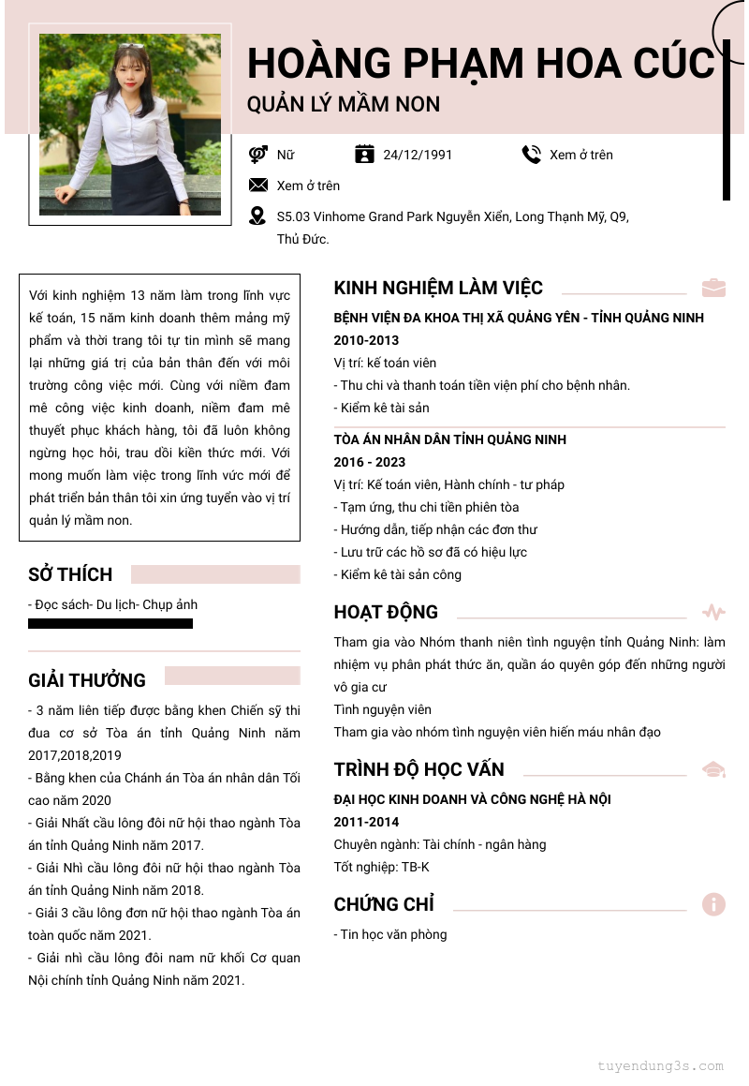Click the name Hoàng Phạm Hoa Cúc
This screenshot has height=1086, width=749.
pyautogui.click(x=480, y=63)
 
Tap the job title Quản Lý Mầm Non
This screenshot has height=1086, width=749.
pyautogui.click(x=344, y=104)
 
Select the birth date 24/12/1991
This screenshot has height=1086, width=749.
pyautogui.click(x=418, y=155)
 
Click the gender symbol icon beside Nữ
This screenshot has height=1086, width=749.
pyautogui.click(x=257, y=155)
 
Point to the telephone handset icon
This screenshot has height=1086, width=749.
pyautogui.click(x=531, y=155)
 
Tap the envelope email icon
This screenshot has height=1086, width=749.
pyautogui.click(x=257, y=186)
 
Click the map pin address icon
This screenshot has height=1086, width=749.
pyautogui.click(x=257, y=216)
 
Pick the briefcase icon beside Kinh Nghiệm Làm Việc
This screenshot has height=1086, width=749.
pyautogui.click(x=713, y=288)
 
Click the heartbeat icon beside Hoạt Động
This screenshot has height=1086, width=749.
pyautogui.click(x=713, y=613)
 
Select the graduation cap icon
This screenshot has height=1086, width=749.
pyautogui.click(x=713, y=769)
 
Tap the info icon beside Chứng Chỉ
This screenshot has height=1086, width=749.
pyautogui.click(x=713, y=904)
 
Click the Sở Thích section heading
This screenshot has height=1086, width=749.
pyautogui.click(x=70, y=574)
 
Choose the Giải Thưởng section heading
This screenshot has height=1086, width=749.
pyautogui.click(x=87, y=680)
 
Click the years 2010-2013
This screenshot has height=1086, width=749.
pyautogui.click(x=366, y=340)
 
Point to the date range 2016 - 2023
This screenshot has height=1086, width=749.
pyautogui.click(x=370, y=462)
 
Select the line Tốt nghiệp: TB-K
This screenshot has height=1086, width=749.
pyautogui.click(x=382, y=867)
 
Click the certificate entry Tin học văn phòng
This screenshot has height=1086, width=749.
pyautogui.click(x=390, y=934)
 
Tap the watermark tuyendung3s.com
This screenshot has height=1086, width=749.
pyautogui.click(x=660, y=1065)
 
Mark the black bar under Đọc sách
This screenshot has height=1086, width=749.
pyautogui.click(x=110, y=623)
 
